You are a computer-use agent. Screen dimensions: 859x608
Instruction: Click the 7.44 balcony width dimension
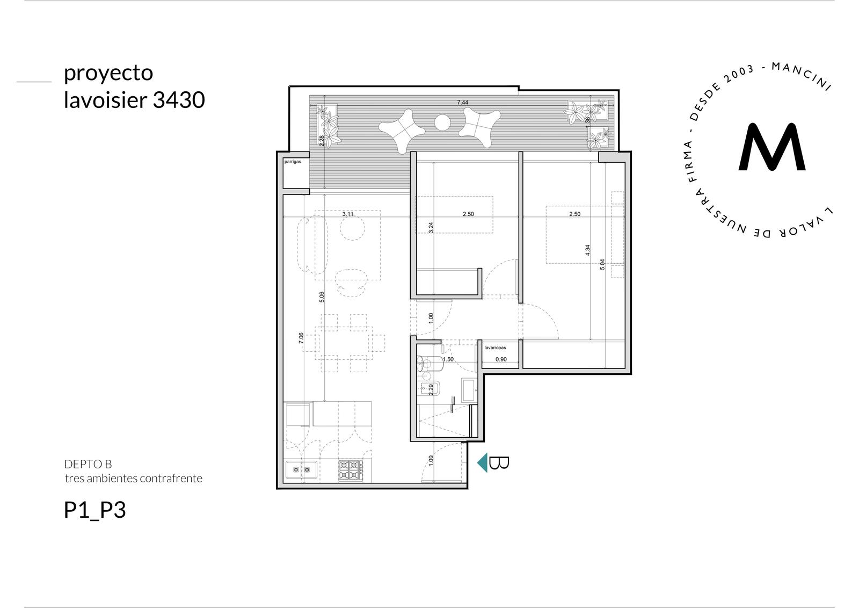tap(462, 103)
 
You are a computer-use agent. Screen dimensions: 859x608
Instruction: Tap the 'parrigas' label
tap(293, 162)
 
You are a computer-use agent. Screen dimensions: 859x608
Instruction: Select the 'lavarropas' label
tap(495, 348)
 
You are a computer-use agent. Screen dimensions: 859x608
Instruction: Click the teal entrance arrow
tap(483, 462)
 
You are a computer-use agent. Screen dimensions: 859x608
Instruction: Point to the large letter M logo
tap(772, 147)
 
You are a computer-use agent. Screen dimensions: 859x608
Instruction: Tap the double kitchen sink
tap(301, 469)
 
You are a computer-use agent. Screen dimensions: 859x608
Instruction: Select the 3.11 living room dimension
tap(348, 214)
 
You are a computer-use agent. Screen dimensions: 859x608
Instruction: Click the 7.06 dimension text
tap(301, 338)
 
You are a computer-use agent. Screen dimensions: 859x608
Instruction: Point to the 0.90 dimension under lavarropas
tap(501, 359)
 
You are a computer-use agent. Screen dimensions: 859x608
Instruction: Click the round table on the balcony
tap(442, 122)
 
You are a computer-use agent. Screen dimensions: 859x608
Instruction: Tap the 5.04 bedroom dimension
tap(602, 264)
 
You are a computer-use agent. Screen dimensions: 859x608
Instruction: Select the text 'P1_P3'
tap(94, 511)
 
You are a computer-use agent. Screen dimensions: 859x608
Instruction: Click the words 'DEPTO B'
tap(88, 464)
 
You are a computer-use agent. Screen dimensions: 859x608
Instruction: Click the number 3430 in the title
tap(179, 100)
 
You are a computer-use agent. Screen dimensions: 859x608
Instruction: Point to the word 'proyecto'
tap(108, 74)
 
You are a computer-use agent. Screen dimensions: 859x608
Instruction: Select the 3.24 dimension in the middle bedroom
tap(431, 228)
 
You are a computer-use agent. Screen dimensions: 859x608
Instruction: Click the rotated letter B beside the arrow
tap(499, 462)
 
